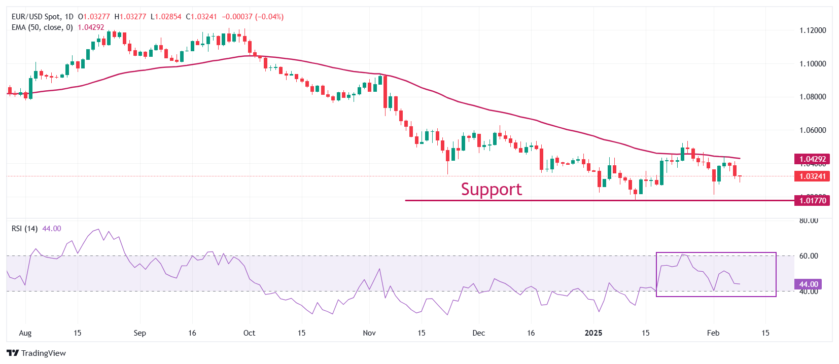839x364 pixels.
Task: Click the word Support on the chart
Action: click(x=491, y=189)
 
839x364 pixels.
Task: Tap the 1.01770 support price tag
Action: click(x=813, y=200)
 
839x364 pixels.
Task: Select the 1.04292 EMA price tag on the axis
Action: click(x=813, y=159)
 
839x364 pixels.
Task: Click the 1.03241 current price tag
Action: click(x=813, y=176)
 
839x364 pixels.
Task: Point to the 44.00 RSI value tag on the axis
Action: click(x=809, y=284)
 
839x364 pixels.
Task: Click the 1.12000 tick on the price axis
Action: click(x=813, y=30)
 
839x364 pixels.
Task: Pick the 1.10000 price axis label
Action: click(x=813, y=64)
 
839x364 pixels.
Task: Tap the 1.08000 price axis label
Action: click(x=813, y=97)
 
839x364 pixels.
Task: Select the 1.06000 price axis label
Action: click(x=813, y=130)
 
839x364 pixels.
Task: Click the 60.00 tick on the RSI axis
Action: click(x=809, y=256)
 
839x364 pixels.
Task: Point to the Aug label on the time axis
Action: click(x=25, y=333)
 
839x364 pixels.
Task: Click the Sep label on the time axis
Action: click(x=139, y=333)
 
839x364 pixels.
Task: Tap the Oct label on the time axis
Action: click(x=249, y=333)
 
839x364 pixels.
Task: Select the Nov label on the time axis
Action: click(x=369, y=333)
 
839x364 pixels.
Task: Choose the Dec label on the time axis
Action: click(x=478, y=333)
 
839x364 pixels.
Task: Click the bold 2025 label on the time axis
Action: click(x=593, y=333)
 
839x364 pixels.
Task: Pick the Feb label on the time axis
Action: click(x=713, y=333)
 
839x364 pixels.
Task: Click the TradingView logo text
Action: click(x=43, y=353)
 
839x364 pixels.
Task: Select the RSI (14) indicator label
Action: click(x=24, y=229)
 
